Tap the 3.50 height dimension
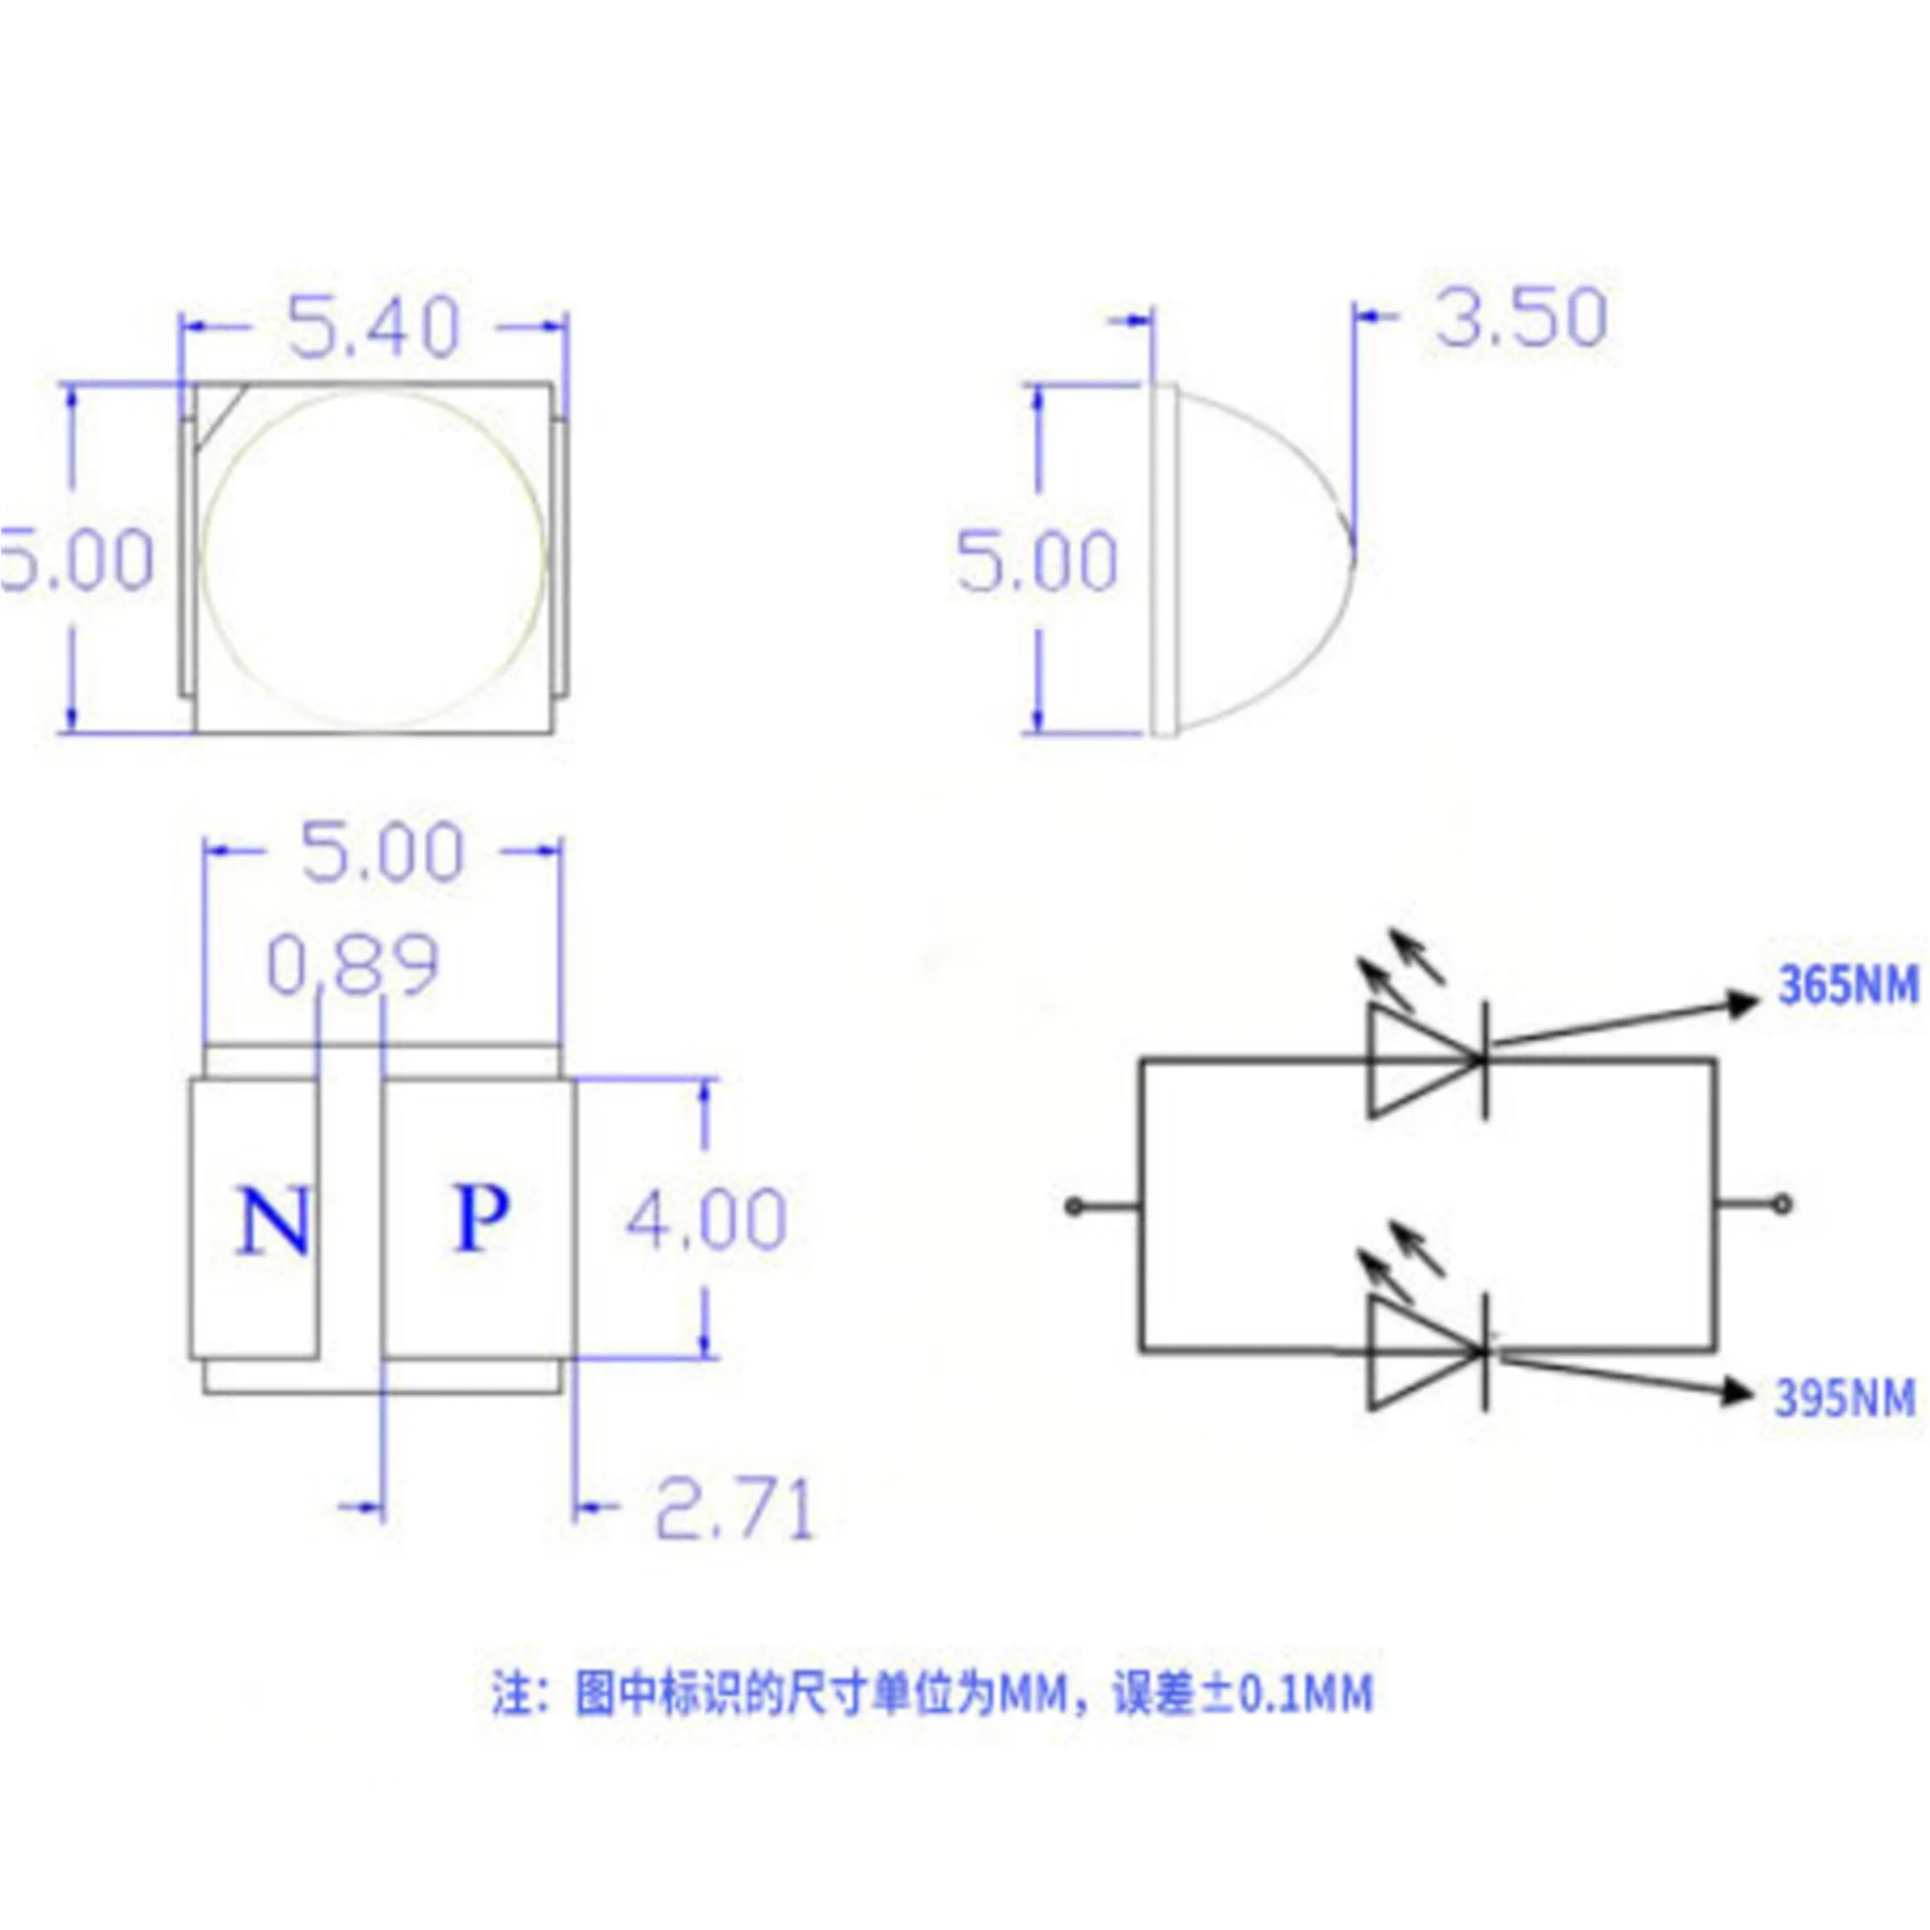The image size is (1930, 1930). coord(1520,318)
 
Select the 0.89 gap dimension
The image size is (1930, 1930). coord(353,965)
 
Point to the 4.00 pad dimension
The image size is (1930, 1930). coord(706,1219)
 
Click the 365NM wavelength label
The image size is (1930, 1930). coord(1847,986)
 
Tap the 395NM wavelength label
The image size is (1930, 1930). coord(1845,1398)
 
